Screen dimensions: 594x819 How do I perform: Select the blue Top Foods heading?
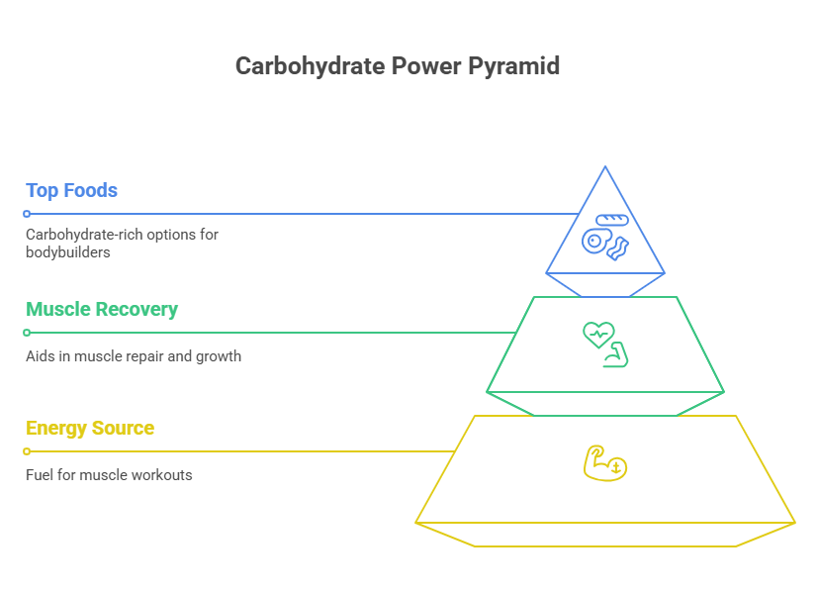71,190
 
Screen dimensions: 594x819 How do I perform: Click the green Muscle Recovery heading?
102,309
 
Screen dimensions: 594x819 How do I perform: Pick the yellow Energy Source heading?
90,428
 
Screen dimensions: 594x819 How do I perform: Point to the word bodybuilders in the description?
67,252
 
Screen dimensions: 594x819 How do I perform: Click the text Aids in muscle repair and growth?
134,355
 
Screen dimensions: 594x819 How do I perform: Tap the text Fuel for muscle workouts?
109,474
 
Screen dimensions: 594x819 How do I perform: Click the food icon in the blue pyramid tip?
605,235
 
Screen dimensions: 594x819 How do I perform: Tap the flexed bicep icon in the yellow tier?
604,463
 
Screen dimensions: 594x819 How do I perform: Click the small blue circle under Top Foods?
27,214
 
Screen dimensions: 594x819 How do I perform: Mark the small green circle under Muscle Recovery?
27,333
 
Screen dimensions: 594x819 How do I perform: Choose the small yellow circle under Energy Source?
27,451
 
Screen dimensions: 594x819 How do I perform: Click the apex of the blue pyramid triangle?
605,167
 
